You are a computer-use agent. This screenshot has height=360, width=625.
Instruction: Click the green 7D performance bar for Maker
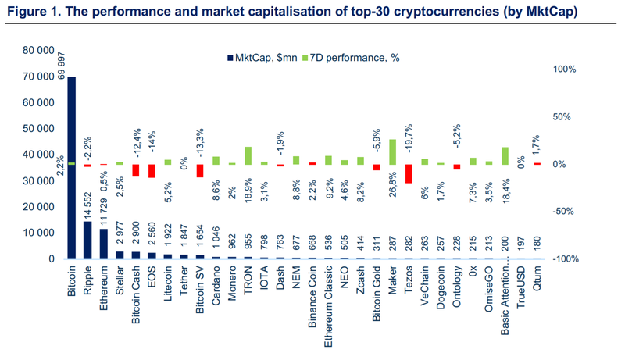coord(392,151)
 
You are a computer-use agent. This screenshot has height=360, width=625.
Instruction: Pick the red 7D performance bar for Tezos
coord(409,173)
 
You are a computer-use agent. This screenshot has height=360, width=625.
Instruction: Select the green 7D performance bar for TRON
coord(248,155)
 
